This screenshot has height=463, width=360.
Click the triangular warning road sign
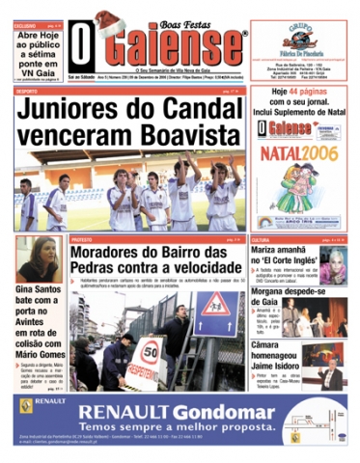tap(208, 310)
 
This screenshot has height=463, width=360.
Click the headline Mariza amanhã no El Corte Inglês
tap(298, 257)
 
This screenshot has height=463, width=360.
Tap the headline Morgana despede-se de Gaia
tap(297, 294)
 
